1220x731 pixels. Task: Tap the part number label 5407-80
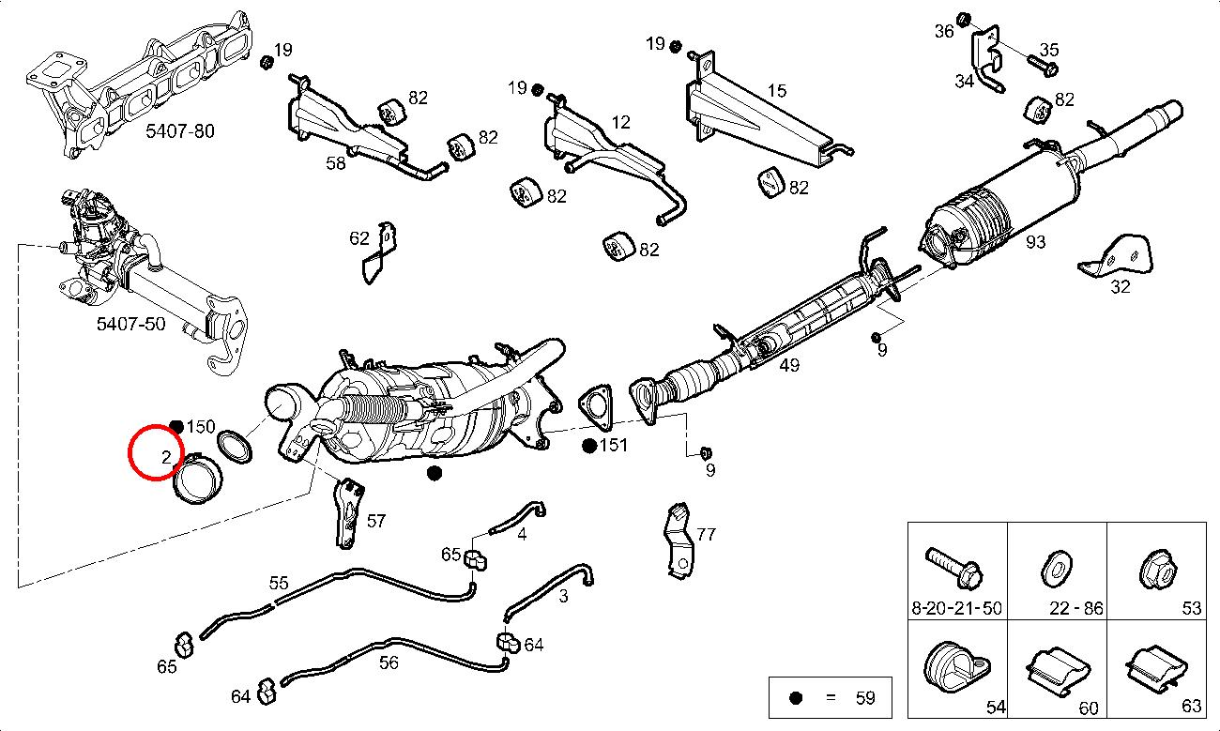pos(180,131)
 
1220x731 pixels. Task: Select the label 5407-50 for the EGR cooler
pos(130,325)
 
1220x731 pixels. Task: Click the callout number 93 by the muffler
pos(1035,242)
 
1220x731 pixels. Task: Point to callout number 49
pos(789,364)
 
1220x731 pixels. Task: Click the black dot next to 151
pos(589,445)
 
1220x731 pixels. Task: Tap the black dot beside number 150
pos(176,427)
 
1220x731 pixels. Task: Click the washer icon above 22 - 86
pos(1057,568)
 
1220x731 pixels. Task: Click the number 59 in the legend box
pos(864,697)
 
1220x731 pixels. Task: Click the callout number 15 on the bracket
pos(777,91)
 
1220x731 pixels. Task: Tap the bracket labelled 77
pos(678,540)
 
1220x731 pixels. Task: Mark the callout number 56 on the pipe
pos(389,662)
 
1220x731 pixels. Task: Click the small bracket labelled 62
pos(380,254)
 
